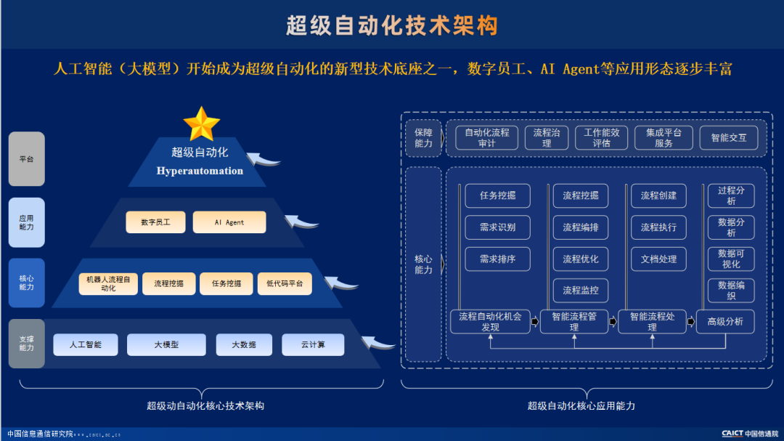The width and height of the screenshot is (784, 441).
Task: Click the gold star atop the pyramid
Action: pyautogui.click(x=201, y=124)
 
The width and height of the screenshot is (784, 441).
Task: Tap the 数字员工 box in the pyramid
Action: pyautogui.click(x=155, y=222)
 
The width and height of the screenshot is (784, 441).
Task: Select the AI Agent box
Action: pyautogui.click(x=229, y=222)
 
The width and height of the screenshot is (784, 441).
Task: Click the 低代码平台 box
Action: pyautogui.click(x=285, y=283)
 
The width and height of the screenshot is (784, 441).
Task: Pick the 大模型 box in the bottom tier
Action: pyautogui.click(x=166, y=344)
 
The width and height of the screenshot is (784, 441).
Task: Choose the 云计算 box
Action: pyautogui.click(x=313, y=344)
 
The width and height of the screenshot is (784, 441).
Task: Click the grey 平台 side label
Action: pyautogui.click(x=26, y=158)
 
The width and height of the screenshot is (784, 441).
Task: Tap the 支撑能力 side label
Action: pyautogui.click(x=26, y=343)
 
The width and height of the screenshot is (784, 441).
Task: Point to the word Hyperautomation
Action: pyautogui.click(x=200, y=171)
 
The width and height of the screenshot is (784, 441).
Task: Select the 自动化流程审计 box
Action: pyautogui.click(x=487, y=137)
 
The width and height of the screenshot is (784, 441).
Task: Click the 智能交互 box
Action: pyautogui.click(x=728, y=137)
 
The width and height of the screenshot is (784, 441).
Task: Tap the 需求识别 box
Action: pyautogui.click(x=497, y=227)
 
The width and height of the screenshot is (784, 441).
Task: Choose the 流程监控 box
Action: pyautogui.click(x=581, y=291)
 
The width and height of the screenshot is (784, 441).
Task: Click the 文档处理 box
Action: pyautogui.click(x=658, y=259)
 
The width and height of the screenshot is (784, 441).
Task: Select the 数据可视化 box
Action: pyautogui.click(x=731, y=259)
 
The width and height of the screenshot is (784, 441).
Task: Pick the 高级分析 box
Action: pyautogui.click(x=725, y=322)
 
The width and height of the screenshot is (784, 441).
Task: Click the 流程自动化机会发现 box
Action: pyautogui.click(x=490, y=322)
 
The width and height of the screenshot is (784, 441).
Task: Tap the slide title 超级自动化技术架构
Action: pyautogui.click(x=392, y=25)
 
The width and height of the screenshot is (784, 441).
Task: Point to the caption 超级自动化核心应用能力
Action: pyautogui.click(x=581, y=405)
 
